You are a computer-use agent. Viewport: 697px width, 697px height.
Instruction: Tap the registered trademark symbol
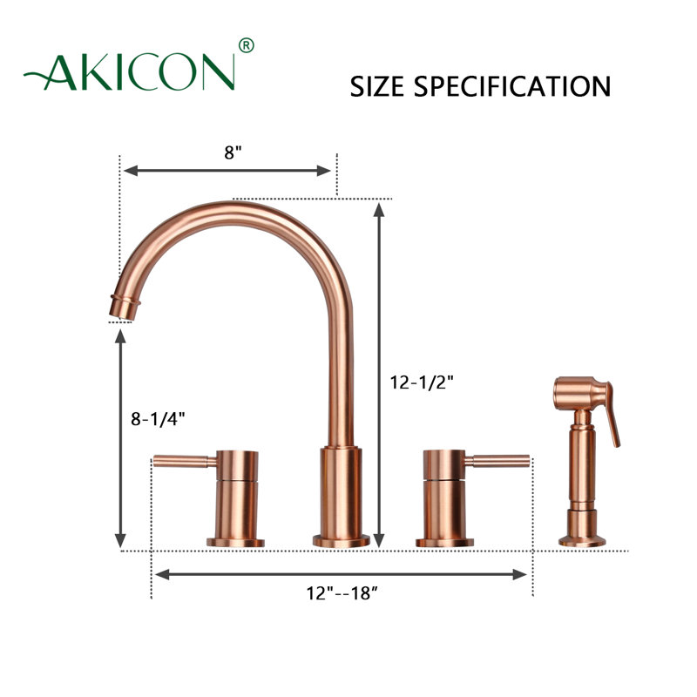(247, 45)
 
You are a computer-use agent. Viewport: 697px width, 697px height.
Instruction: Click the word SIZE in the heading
(377, 86)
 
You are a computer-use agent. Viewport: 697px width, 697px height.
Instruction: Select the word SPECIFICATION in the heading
(512, 86)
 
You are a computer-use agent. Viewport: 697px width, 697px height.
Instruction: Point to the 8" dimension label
(233, 152)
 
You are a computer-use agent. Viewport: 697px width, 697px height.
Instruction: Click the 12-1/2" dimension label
(422, 382)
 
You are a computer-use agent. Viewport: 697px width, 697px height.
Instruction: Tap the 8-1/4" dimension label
(158, 418)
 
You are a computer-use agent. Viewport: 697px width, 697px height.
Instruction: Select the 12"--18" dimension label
(342, 593)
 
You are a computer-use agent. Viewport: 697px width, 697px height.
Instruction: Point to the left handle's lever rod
(185, 461)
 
